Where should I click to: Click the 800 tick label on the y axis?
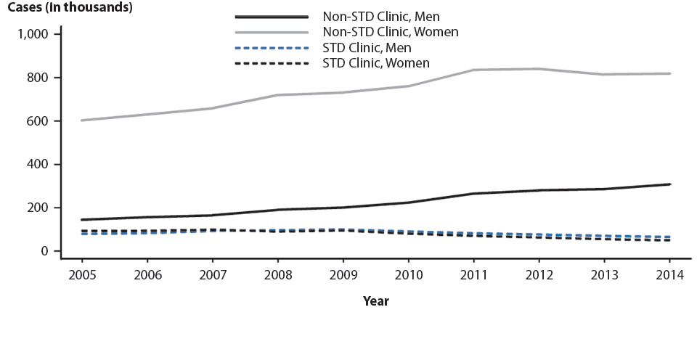pyautogui.click(x=38, y=78)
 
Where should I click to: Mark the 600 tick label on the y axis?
pyautogui.click(x=38, y=121)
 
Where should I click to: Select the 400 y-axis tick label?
pyautogui.click(x=38, y=165)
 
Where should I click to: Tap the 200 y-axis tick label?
pyautogui.click(x=38, y=208)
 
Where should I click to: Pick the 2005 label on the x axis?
pyautogui.click(x=82, y=276)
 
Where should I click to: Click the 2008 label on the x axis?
pyautogui.click(x=277, y=276)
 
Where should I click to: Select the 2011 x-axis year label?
pyautogui.click(x=473, y=276)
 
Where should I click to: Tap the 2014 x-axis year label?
pyautogui.click(x=669, y=276)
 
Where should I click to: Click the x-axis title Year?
pyautogui.click(x=375, y=301)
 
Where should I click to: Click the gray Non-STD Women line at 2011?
pyautogui.click(x=473, y=70)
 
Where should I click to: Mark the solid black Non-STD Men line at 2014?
pyautogui.click(x=669, y=184)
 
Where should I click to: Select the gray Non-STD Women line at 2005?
pyautogui.click(x=82, y=120)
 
